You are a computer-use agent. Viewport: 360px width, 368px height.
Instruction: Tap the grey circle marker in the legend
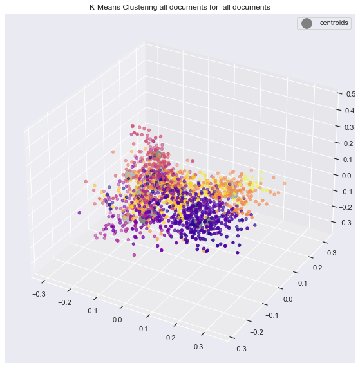(307, 23)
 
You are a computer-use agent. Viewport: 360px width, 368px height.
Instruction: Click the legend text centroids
(334, 23)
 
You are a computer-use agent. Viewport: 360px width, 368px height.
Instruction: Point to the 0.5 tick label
(351, 94)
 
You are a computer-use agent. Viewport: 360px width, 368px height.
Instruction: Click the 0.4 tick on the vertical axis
(350, 111)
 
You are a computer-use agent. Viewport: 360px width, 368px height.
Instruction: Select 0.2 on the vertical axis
(348, 143)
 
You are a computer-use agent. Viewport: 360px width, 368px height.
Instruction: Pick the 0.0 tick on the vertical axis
(346, 176)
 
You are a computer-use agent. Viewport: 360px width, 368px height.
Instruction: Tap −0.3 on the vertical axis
(345, 222)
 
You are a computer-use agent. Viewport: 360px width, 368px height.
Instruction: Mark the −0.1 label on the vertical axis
(346, 192)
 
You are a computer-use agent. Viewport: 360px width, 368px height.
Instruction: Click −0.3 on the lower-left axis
(39, 294)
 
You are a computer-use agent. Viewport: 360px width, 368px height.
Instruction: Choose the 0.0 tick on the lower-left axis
(117, 320)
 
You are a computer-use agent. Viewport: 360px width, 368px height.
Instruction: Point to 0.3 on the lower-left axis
(198, 347)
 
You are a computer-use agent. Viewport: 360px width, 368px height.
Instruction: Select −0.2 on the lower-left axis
(64, 302)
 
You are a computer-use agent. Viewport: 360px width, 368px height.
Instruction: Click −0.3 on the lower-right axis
(240, 349)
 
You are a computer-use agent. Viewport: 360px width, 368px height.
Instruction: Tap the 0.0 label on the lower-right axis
(288, 299)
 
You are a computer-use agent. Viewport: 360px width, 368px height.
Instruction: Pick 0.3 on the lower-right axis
(331, 253)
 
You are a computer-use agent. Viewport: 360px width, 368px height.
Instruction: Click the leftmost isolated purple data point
(79, 213)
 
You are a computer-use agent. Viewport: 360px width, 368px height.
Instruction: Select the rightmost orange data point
(285, 183)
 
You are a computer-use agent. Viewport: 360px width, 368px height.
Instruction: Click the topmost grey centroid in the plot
(156, 155)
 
